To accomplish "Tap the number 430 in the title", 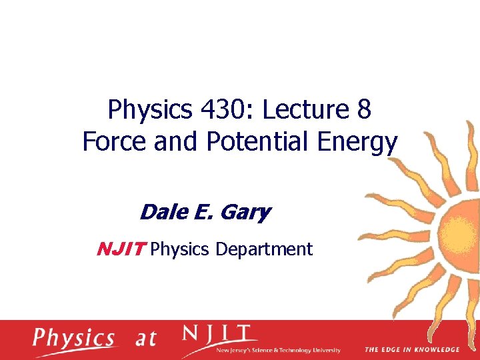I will click(221, 110).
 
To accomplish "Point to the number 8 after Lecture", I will click(364, 110).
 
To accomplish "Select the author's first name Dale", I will click(161, 213).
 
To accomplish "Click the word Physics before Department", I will click(179, 250).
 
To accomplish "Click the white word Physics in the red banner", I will click(73, 338).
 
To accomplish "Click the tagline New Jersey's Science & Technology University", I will click(279, 350).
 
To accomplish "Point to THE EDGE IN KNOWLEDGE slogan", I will click(411, 349).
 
